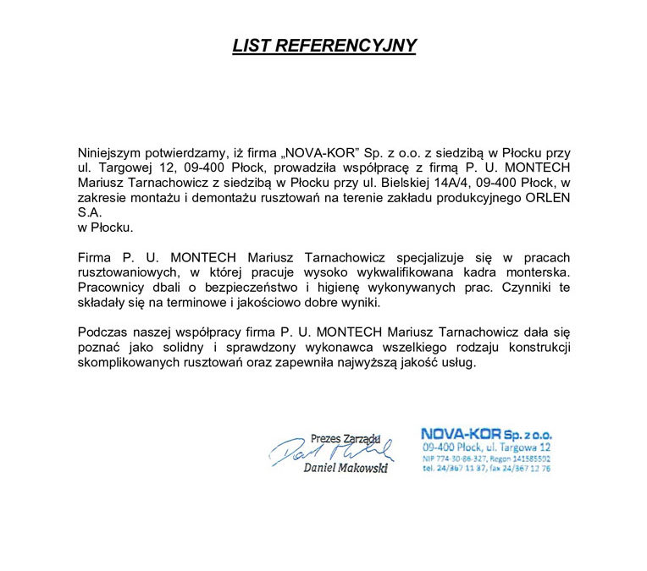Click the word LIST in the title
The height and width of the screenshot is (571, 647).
point(252,46)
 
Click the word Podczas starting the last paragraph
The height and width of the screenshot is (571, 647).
point(102,332)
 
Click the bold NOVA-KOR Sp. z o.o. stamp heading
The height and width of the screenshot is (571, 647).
point(486,434)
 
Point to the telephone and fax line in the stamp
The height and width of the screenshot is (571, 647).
point(485,467)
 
